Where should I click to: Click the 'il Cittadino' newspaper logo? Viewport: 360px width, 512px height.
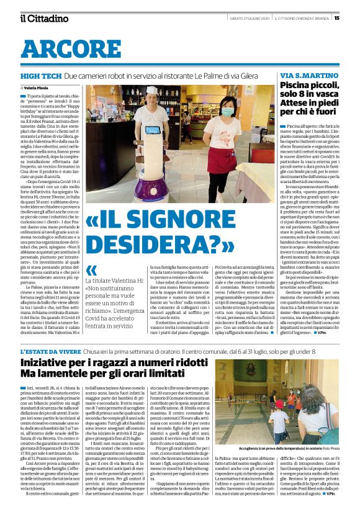[43, 18]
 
